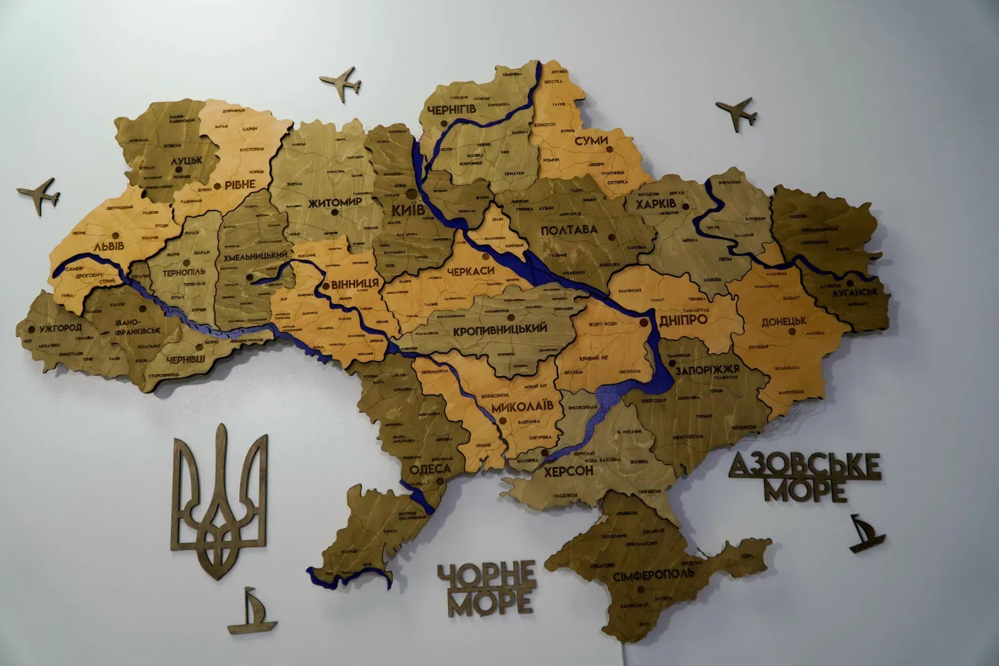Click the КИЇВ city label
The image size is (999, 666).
tap(408, 210)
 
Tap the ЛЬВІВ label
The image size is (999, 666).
tap(109, 245)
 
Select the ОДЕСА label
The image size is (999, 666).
tap(430, 470)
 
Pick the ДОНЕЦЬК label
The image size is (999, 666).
tap(784, 321)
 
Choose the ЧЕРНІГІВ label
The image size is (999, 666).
tap(452, 110)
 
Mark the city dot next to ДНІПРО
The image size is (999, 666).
tap(644, 322)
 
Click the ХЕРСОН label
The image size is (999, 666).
tap(568, 471)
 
